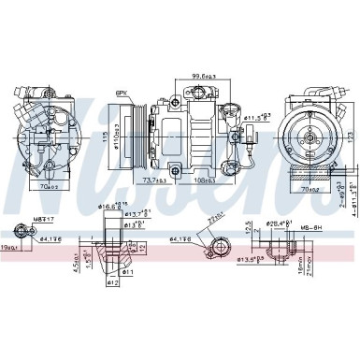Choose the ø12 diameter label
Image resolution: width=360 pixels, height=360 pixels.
point(111,282)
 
